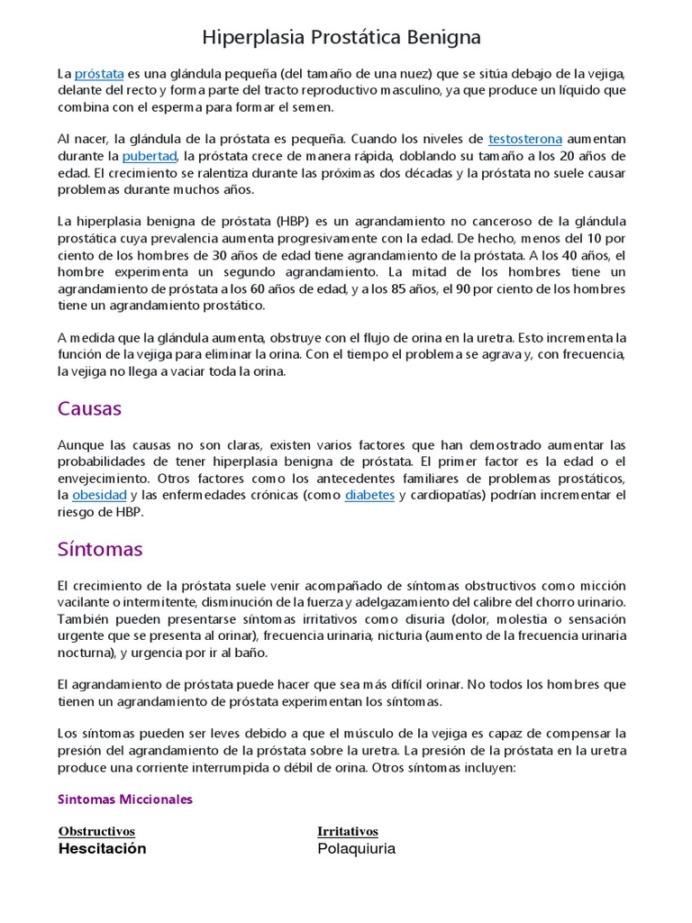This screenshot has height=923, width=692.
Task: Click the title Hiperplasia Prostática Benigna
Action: point(341,37)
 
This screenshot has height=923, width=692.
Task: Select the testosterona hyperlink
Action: point(525,139)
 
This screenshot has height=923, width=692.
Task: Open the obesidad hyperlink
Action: point(99,496)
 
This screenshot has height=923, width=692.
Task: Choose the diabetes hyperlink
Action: point(369,496)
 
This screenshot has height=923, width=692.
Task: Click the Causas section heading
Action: point(89,408)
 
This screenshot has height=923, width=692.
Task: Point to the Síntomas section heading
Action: point(100,549)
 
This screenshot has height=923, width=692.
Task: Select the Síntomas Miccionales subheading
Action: point(125,800)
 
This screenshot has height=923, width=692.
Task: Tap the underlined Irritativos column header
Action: point(348,831)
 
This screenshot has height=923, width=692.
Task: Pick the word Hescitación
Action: point(102,849)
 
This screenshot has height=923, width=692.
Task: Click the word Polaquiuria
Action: point(356,849)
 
